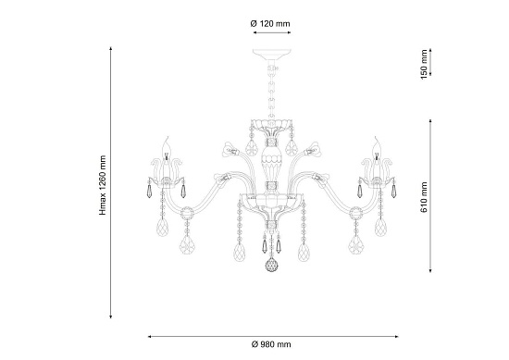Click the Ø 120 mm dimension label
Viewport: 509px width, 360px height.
click(x=270, y=24)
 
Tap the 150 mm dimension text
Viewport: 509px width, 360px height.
click(x=424, y=65)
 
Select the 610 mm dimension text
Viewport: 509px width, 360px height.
click(x=424, y=197)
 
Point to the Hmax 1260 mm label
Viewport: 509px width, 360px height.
click(x=103, y=185)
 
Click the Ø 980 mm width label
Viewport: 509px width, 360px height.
click(x=271, y=344)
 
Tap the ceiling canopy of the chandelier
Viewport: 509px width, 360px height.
click(x=272, y=55)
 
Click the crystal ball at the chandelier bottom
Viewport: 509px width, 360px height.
click(x=272, y=266)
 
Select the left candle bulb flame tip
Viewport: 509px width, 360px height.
click(x=168, y=137)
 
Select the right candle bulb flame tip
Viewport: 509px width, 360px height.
click(x=376, y=137)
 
